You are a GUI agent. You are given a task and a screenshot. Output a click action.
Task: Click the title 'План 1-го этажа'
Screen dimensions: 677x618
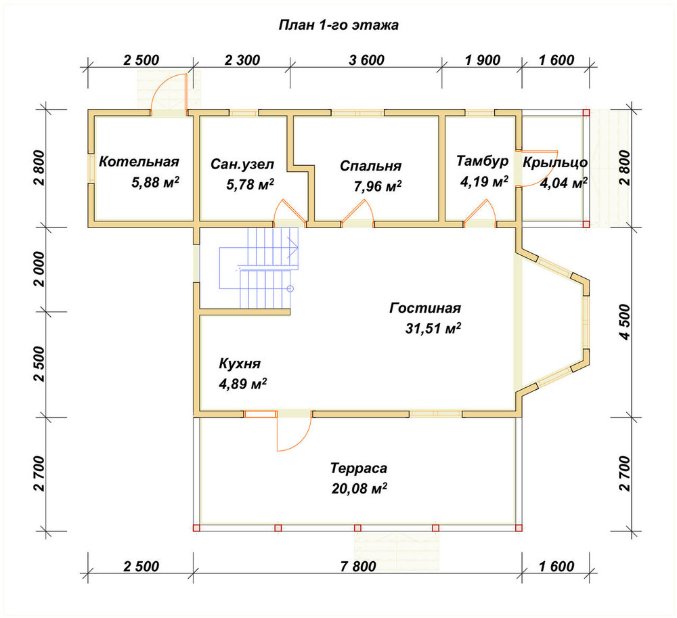coord(338,25)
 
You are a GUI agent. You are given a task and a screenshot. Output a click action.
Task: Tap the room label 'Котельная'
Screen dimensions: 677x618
coord(139,162)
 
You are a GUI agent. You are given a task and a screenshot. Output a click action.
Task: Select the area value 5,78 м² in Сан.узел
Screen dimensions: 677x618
coord(250,185)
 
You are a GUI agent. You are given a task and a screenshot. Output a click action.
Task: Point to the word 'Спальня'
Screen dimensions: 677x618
coord(370,166)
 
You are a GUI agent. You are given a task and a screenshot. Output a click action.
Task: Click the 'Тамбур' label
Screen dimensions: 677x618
coord(482,161)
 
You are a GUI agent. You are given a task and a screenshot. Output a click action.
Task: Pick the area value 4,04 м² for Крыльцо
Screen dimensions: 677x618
coord(563,183)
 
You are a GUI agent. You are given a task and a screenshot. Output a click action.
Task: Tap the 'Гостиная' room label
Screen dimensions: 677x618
coord(425,308)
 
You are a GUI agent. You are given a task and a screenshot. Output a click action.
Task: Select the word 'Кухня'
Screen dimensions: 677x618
coord(240,363)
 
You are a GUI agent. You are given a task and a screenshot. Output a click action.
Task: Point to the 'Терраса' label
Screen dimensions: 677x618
coord(359,468)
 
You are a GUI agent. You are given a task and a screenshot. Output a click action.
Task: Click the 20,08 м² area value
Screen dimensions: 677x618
coord(359,489)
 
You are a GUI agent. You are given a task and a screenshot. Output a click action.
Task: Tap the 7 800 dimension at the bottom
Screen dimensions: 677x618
coord(358,566)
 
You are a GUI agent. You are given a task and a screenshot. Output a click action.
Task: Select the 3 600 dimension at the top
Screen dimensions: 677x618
coord(366,60)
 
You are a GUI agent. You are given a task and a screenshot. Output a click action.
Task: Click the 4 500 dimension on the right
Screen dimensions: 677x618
coord(624,322)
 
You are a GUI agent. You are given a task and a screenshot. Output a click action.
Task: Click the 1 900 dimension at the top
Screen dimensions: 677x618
coord(482,60)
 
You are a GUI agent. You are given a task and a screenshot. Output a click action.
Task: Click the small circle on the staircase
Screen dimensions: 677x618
coord(290,288)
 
